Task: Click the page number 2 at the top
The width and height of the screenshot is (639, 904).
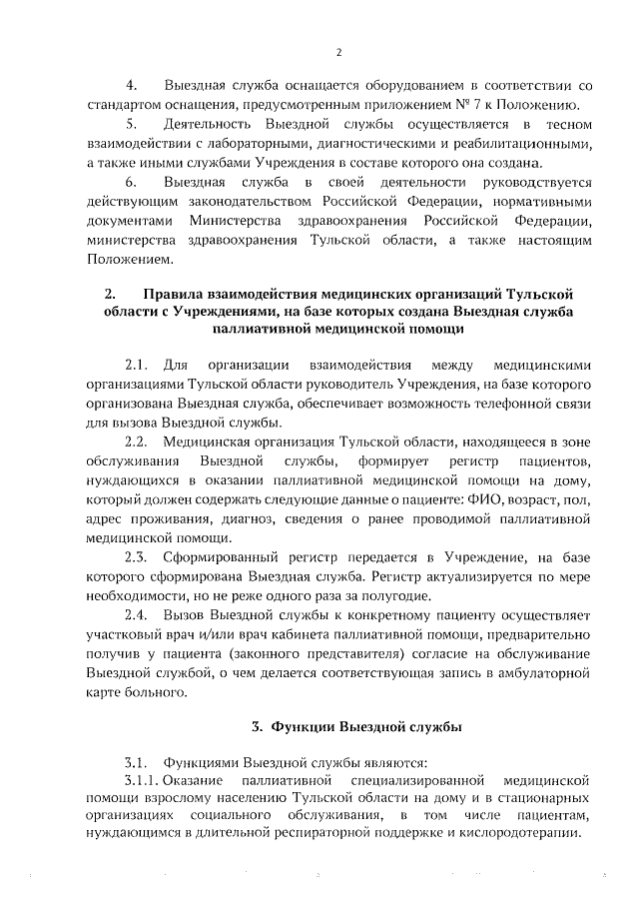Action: [338, 53]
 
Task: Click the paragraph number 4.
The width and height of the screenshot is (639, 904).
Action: [129, 87]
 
